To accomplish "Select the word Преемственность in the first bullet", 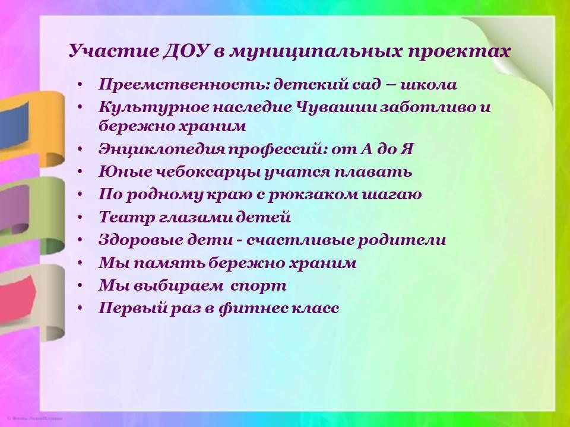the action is [184, 85].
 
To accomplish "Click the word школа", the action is [428, 85].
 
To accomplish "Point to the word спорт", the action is [258, 286].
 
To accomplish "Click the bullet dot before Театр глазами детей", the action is [80, 218].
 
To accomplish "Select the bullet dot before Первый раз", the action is [80, 308].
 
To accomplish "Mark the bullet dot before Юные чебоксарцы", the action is [80, 172].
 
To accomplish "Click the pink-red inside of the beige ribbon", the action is [17, 298].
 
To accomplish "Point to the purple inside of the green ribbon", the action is [14, 209].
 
